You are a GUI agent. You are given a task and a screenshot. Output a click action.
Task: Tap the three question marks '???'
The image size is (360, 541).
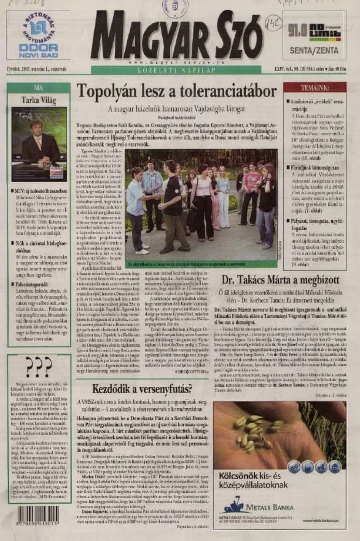tap(38, 367)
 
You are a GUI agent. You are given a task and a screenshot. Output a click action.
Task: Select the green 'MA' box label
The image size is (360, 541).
tap(38, 87)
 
